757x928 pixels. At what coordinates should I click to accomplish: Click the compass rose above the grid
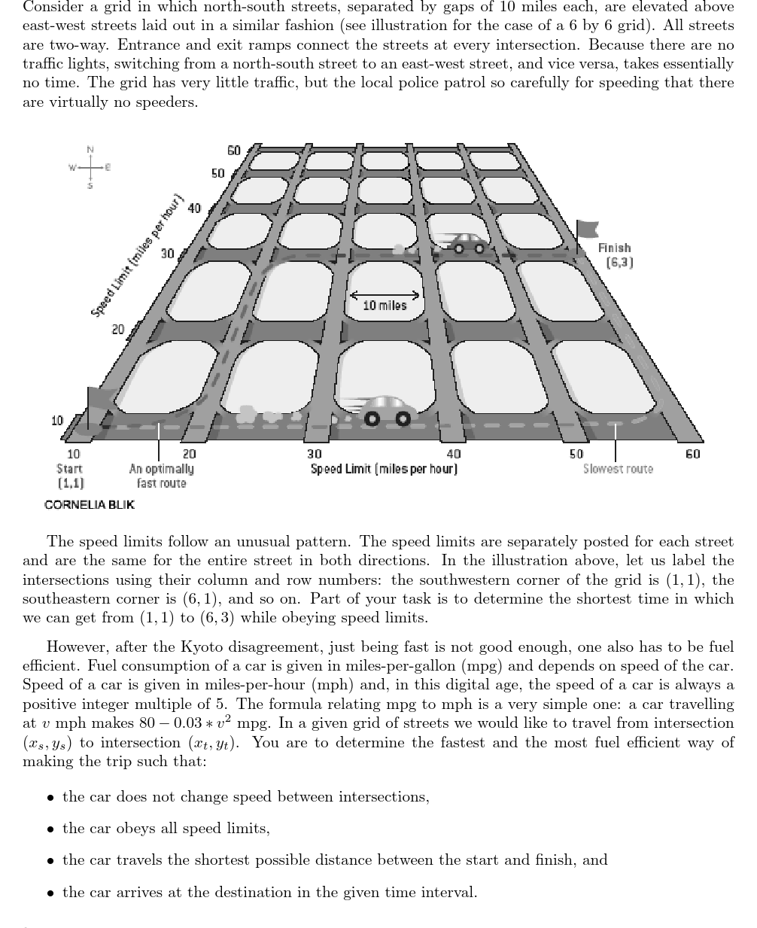(90, 166)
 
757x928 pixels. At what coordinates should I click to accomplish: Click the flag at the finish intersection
(586, 230)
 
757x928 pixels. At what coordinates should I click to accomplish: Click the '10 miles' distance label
(384, 306)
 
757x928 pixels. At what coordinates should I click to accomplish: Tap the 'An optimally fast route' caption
(161, 476)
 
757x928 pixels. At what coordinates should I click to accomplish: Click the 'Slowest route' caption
(618, 469)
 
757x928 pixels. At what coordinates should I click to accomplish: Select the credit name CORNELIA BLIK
(90, 504)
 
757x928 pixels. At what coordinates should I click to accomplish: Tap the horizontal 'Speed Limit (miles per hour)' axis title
(384, 469)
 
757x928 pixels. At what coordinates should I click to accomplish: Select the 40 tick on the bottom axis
(454, 454)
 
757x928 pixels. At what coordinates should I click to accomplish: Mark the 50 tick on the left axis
(217, 173)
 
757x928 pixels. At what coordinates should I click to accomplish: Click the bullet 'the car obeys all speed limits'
(166, 829)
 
